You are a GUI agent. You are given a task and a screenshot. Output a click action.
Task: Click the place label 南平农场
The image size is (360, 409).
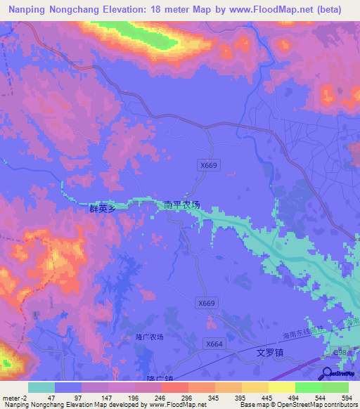pos(181,205)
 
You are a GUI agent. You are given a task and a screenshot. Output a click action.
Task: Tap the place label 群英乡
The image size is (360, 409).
pos(102,209)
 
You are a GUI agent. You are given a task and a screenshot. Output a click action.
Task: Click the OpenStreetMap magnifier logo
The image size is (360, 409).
pos(327,374)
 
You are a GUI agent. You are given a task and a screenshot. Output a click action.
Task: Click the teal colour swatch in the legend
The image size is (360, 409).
pos(41,387)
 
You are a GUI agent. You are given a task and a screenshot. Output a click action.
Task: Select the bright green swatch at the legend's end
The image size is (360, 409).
pos(335,387)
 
